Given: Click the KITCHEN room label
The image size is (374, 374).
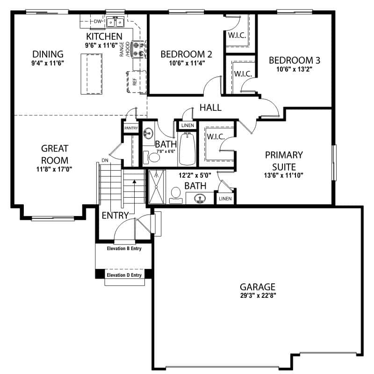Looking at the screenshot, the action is point(104,36).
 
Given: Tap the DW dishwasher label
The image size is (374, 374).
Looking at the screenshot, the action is point(97,22).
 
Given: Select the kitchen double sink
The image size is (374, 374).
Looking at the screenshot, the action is point(115,22).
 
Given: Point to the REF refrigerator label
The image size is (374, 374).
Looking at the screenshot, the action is point(135,82).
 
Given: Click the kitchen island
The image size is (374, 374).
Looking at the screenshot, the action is point(92,74).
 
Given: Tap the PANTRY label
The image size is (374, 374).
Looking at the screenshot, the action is point(131,128).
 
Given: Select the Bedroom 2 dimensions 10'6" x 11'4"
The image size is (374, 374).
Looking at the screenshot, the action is point(187,63).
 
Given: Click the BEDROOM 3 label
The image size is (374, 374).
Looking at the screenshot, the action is point(295,60).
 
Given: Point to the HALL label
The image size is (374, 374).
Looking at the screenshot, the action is point(210,108).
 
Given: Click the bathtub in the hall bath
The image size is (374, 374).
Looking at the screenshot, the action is point(187,149).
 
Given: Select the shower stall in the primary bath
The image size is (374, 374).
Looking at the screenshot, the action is point(156,187).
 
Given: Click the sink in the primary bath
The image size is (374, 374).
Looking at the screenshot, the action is point(200,198).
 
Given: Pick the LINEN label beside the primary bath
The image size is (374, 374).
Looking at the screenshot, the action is point(225,198).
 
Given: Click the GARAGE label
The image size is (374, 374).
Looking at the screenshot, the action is point(258,287).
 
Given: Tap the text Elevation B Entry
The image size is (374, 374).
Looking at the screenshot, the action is point(124,249).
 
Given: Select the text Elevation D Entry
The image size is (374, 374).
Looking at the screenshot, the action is point(124,275).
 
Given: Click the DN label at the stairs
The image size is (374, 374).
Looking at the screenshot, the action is point(105,160).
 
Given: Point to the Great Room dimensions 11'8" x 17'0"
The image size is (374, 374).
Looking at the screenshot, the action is point(54,169).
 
